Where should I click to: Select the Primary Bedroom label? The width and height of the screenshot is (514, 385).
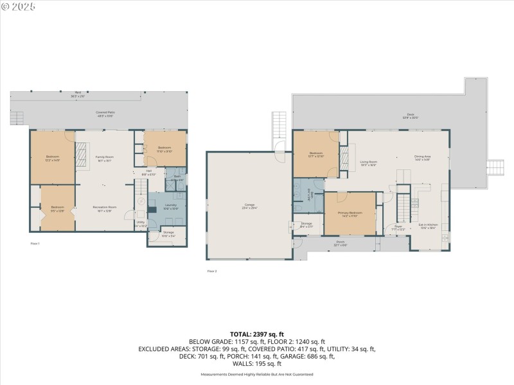pos(351,214)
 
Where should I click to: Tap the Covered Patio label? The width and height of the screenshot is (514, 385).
pos(105,114)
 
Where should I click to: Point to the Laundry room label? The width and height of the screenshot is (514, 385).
pos(170,206)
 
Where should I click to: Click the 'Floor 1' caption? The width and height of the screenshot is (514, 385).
pos(35,244)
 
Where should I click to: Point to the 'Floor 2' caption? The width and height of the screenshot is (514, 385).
pos(212,271)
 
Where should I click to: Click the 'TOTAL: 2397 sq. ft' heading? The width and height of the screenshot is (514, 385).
pos(257,334)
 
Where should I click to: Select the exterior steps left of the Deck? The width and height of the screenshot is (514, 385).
pos(279,126)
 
